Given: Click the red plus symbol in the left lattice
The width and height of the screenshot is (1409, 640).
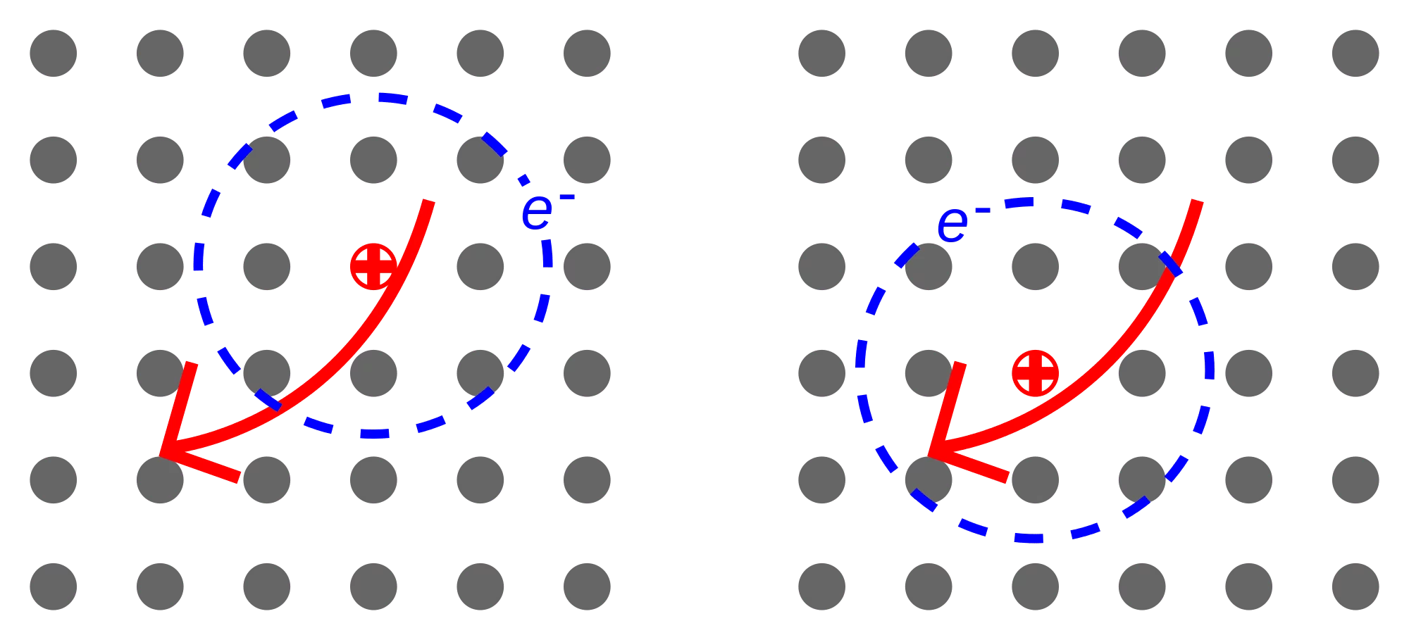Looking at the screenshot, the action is [x=373, y=267].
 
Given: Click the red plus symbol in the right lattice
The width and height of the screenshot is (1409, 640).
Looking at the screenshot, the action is [x=1035, y=373].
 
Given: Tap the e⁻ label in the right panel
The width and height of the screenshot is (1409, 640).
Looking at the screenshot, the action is [x=963, y=223].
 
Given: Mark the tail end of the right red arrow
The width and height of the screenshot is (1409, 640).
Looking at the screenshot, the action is [x=1197, y=201].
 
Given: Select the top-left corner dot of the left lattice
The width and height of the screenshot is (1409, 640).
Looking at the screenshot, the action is [x=54, y=54].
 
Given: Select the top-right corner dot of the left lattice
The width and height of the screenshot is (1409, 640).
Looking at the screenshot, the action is [x=587, y=54].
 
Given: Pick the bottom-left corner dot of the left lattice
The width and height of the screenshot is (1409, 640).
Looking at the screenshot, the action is [x=54, y=586].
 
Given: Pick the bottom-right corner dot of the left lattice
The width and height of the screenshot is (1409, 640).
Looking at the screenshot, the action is [x=587, y=586].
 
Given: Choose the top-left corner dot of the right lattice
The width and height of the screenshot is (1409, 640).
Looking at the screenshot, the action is [x=822, y=54].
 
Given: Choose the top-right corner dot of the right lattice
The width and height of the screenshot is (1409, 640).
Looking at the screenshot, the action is [x=1355, y=54].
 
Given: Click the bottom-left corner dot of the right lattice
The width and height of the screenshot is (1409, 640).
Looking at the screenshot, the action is [x=822, y=586].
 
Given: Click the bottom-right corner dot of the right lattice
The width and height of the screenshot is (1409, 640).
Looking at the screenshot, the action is [x=1355, y=586].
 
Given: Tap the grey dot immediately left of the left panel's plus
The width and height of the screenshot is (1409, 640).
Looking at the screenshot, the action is [x=267, y=267].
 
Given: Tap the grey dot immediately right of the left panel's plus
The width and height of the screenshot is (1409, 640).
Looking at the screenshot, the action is [x=480, y=267].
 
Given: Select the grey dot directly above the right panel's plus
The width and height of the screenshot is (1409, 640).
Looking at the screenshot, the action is [x=1035, y=267].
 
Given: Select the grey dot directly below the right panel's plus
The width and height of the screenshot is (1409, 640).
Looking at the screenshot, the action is [x=1035, y=480].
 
